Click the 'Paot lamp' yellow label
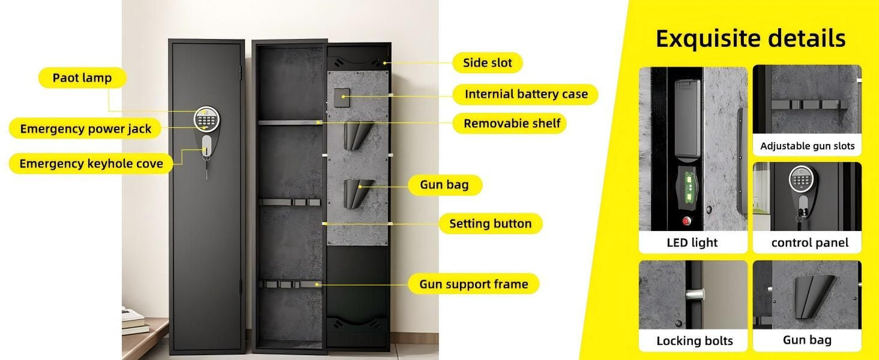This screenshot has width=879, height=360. click(82, 78)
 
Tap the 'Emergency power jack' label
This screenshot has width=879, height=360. click(85, 129)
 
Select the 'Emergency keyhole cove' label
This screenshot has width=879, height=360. click(91, 164)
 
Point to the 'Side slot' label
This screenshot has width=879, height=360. click(487, 63)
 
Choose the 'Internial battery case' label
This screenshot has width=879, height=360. click(526, 94)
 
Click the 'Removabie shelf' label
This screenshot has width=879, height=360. click(512, 123)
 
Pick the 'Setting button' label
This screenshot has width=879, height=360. click(490, 224)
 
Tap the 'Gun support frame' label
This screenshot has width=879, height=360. click(473, 284)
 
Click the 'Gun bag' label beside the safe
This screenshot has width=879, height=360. click(444, 185)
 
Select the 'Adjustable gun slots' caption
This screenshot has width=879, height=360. click(807, 146)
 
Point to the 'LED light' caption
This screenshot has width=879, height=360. click(692, 243)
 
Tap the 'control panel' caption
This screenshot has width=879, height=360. click(809, 243)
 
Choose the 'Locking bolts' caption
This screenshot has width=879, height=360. click(694, 341)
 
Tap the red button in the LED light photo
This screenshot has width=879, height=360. click(687, 221)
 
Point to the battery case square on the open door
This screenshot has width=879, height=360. click(341, 95)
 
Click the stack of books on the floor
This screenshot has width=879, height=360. click(135, 320)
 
